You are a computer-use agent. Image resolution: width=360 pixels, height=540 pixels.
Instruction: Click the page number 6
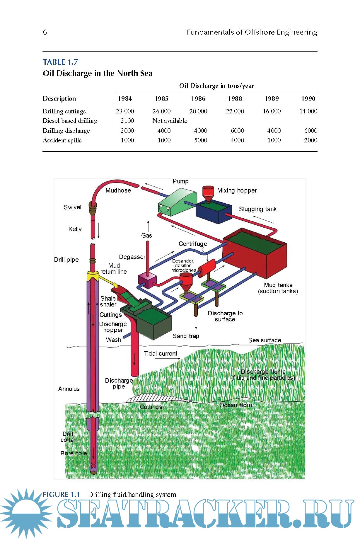[45, 32]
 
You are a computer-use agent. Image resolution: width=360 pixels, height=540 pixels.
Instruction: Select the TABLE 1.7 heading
[60, 62]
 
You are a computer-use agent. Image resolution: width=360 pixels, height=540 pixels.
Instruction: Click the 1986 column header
[198, 99]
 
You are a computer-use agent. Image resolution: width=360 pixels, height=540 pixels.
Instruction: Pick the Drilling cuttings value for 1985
[161, 111]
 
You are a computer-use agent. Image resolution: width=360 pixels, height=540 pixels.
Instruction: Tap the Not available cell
[170, 121]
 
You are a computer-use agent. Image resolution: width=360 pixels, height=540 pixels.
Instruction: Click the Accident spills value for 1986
[201, 140]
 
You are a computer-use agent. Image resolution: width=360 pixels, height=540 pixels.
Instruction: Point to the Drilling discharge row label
[66, 131]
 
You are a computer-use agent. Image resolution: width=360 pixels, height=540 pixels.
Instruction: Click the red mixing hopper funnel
[208, 192]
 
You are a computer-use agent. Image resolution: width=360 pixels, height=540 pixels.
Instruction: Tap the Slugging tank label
[257, 209]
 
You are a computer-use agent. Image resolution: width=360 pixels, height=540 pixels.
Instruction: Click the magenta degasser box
[147, 281]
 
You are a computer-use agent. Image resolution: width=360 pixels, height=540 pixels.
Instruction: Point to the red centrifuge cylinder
[207, 267]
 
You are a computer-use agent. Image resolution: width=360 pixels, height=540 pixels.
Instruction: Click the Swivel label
[72, 207]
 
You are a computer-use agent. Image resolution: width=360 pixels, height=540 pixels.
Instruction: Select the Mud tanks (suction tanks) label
[278, 288]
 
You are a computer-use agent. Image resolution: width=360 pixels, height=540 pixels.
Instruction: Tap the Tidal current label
[161, 354]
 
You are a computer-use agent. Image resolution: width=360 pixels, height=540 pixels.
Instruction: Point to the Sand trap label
[186, 336]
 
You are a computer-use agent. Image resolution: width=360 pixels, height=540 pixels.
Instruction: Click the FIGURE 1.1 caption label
[61, 495]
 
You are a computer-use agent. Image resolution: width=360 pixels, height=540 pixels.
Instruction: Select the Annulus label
[69, 389]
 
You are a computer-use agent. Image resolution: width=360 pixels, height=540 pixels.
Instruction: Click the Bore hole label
[74, 453]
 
